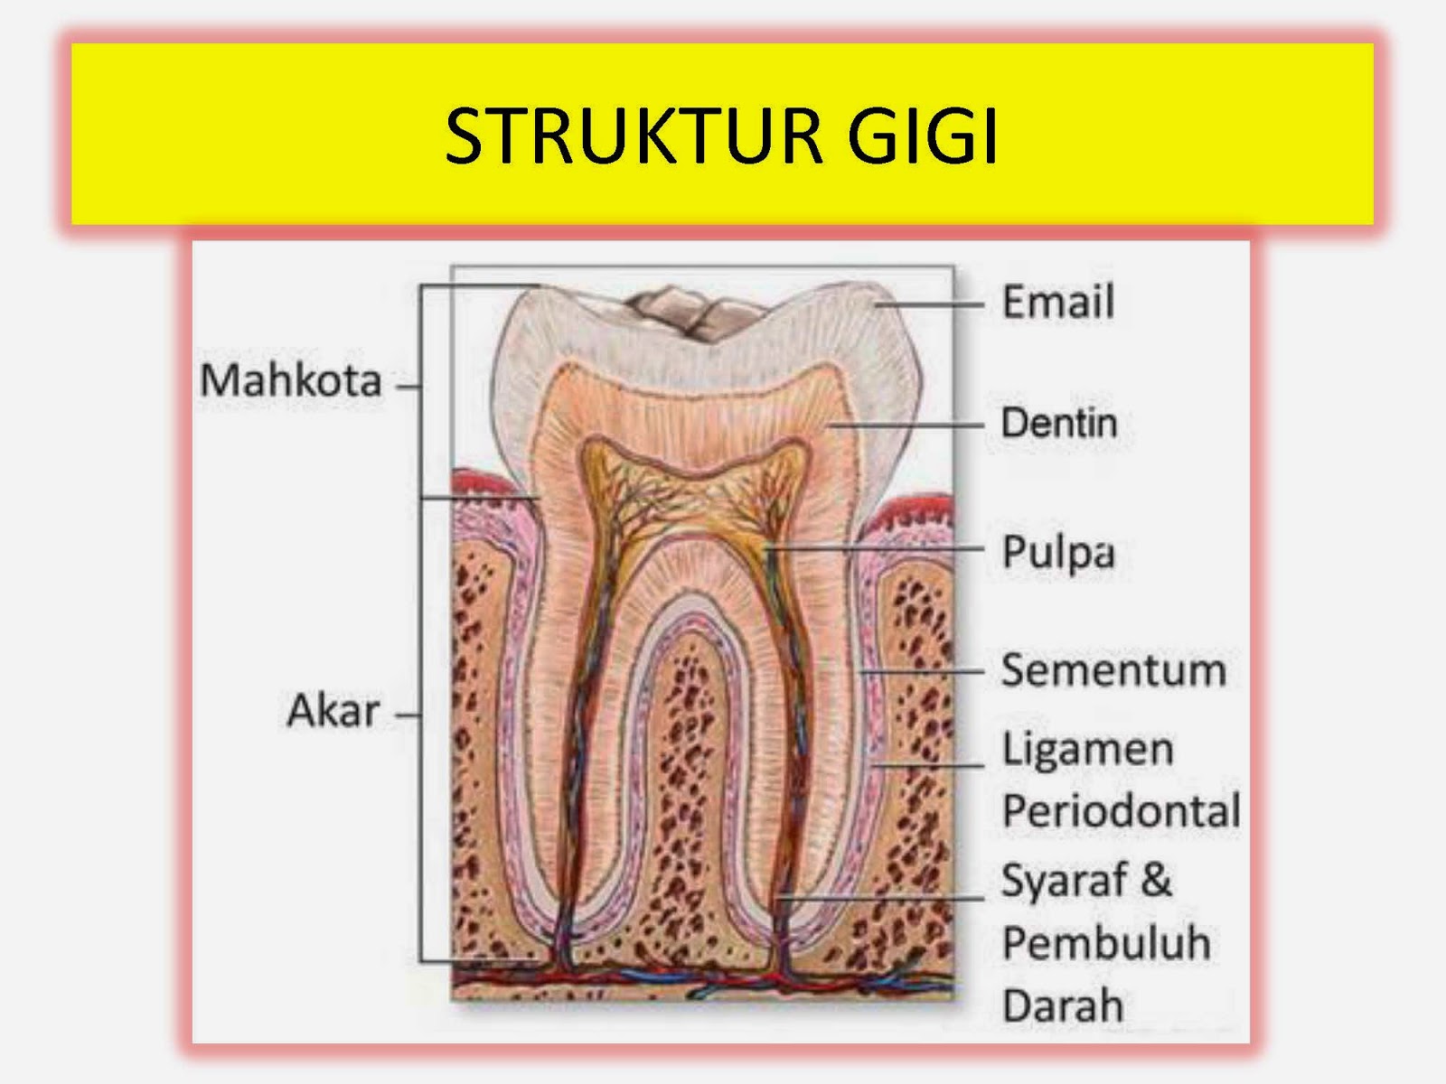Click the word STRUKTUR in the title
coord(633,136)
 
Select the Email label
coord(1057,302)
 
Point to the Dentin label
coord(1059,423)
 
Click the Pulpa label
coord(1057,552)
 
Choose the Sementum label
coord(1113,671)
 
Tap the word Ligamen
coord(1088,750)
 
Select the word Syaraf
coord(1065,881)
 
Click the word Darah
coord(1063,1006)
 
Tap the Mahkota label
coord(291,380)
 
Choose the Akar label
coord(333,711)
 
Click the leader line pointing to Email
coord(931,305)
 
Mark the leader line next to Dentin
coord(908,425)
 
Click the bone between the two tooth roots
coord(689,768)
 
